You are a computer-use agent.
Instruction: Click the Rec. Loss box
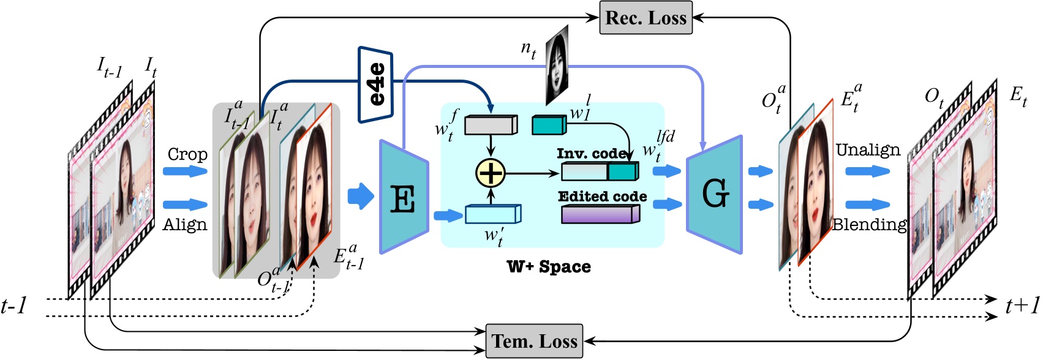pyautogui.click(x=646, y=18)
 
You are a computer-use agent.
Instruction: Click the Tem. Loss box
pyautogui.click(x=534, y=341)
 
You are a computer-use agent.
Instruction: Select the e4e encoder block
pyautogui.click(x=375, y=84)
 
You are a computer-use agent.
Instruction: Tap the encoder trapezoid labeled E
pyautogui.click(x=404, y=197)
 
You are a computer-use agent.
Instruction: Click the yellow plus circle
pyautogui.click(x=491, y=173)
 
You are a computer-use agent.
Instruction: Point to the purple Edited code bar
pyautogui.click(x=600, y=214)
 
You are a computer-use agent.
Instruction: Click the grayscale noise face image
pyautogui.click(x=557, y=65)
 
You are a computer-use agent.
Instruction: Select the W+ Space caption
pyautogui.click(x=549, y=267)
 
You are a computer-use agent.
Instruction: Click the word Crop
pyautogui.click(x=187, y=154)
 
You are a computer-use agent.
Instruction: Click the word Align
pyautogui.click(x=185, y=225)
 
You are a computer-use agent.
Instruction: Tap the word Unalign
pyautogui.click(x=868, y=150)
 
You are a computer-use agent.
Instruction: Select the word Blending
pyautogui.click(x=869, y=225)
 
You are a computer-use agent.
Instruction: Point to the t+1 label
pyautogui.click(x=1023, y=306)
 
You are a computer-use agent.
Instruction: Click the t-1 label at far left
pyautogui.click(x=14, y=306)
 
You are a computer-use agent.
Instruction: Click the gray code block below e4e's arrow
pyautogui.click(x=491, y=125)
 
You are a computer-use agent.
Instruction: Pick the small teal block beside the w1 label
pyautogui.click(x=549, y=125)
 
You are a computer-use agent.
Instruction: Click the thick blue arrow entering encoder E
pyautogui.click(x=361, y=196)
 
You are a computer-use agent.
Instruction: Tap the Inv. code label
pyautogui.click(x=592, y=154)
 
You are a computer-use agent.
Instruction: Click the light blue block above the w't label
pyautogui.click(x=493, y=214)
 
